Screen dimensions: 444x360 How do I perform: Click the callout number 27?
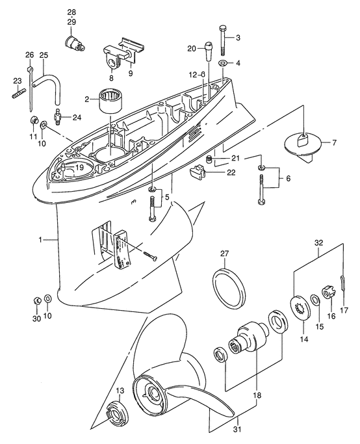pyautogui.click(x=224, y=254)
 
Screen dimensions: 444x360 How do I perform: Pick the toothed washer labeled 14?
pyautogui.click(x=298, y=307)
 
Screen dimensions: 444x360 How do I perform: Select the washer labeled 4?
pyautogui.click(x=223, y=63)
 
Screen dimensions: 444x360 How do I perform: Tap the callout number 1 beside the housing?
pyautogui.click(x=40, y=240)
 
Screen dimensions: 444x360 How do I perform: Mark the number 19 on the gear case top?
pyautogui.click(x=79, y=168)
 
